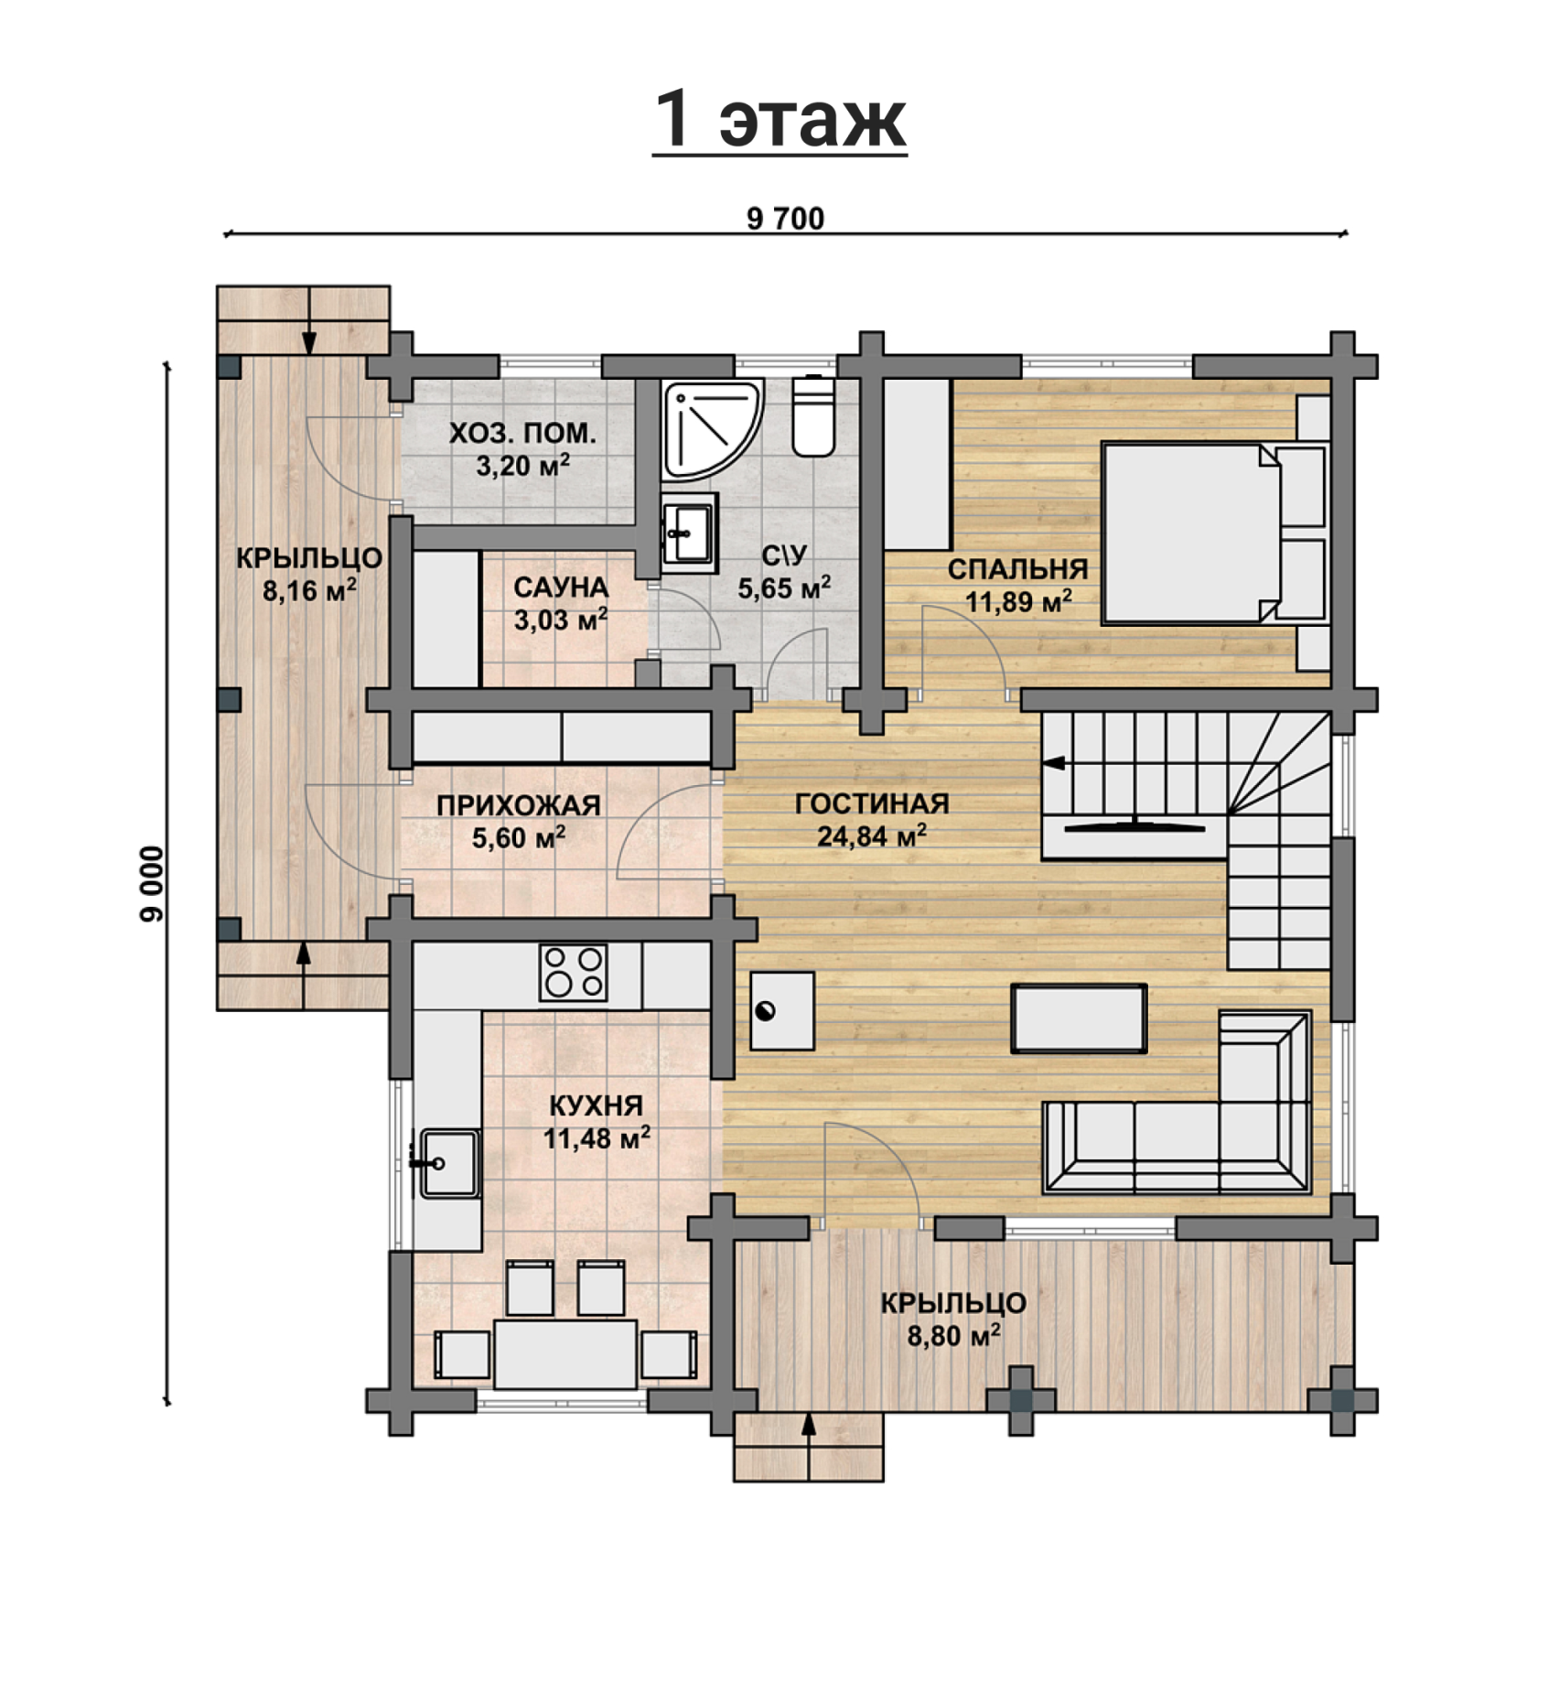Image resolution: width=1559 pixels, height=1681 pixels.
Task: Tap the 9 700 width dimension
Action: tap(785, 219)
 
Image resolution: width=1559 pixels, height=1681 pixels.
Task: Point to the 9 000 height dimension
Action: tap(153, 884)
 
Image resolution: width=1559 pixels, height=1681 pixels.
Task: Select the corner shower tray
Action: tap(713, 429)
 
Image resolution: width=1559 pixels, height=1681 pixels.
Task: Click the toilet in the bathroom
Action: tap(813, 415)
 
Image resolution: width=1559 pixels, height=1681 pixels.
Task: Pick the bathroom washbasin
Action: tap(689, 533)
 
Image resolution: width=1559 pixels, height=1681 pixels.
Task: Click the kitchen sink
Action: tap(448, 1163)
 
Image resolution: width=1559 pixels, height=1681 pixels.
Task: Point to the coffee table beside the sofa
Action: tap(1079, 1018)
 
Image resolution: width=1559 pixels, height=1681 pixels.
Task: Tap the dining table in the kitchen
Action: tap(565, 1354)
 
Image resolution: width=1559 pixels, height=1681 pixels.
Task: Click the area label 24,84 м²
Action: tap(872, 835)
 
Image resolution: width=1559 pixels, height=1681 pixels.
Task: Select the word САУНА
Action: tap(560, 587)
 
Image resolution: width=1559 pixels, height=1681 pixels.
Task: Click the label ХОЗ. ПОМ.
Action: tap(522, 433)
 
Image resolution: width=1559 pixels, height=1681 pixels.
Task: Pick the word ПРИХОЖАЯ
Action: tap(518, 805)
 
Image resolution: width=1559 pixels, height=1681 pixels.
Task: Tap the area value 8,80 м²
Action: tap(953, 1336)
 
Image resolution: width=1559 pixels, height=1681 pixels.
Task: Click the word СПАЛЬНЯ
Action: tap(1017, 569)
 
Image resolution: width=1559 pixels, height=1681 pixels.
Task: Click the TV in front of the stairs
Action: tap(1134, 824)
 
